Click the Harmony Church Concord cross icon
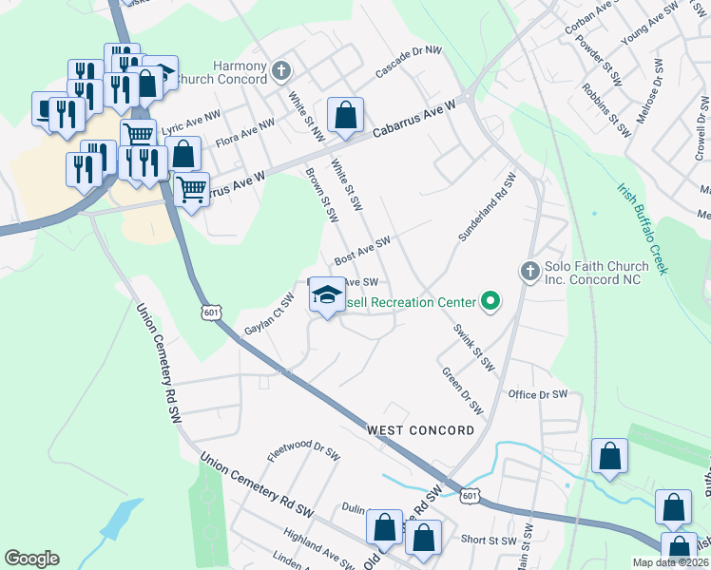[281, 71]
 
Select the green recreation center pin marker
[490, 303]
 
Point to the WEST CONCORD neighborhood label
[421, 430]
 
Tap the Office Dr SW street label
[537, 394]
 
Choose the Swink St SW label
[473, 347]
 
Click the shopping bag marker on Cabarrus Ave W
[345, 116]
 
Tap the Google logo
[31, 559]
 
